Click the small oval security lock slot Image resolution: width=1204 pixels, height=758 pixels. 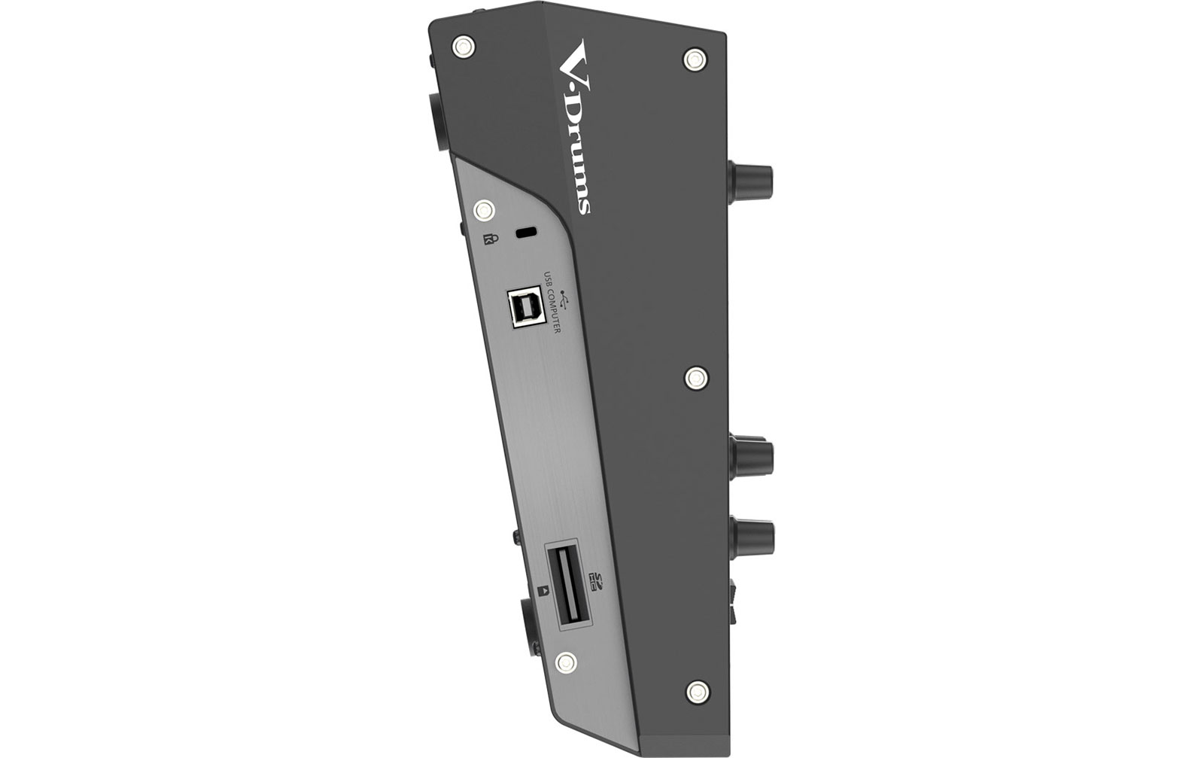point(526,233)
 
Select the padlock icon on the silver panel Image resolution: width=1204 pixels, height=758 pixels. point(490,239)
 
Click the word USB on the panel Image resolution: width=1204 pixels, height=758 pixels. point(548,278)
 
